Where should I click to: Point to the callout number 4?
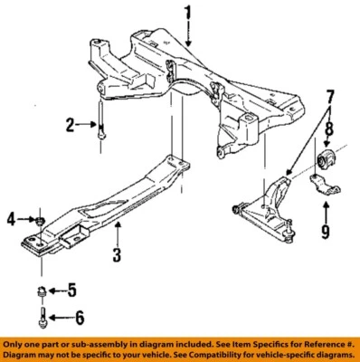tap(11, 218)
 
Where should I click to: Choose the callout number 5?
tap(75, 291)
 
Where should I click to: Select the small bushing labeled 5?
tap(41, 291)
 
